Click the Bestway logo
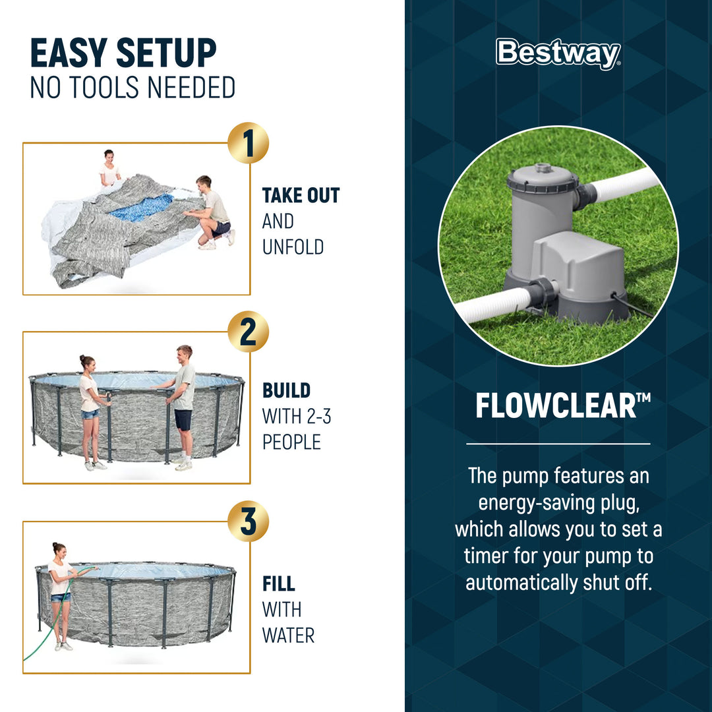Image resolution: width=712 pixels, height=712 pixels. (x=558, y=54)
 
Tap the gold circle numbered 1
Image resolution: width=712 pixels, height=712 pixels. (x=248, y=143)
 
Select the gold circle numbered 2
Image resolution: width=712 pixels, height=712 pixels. (x=248, y=332)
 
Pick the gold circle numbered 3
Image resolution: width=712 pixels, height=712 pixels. (x=248, y=521)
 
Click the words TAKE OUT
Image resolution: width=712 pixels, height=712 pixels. (x=301, y=196)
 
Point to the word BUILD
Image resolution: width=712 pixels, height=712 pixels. (x=286, y=390)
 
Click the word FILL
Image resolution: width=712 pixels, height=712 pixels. (x=278, y=584)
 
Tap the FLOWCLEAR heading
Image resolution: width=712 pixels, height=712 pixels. (x=558, y=407)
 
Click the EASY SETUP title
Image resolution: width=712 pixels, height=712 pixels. (x=123, y=54)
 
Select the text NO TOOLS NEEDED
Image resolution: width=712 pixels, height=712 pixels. (x=133, y=88)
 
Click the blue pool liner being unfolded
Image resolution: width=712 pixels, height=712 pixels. (x=141, y=207)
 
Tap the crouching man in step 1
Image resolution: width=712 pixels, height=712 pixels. (x=212, y=212)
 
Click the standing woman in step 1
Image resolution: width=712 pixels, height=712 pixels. (x=109, y=170)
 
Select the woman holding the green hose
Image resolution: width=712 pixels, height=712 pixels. (x=61, y=593)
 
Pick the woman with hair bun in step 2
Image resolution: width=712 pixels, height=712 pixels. (x=90, y=409)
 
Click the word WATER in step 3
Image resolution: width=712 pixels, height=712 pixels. (x=288, y=635)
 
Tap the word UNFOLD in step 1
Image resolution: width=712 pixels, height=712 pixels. (x=293, y=247)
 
